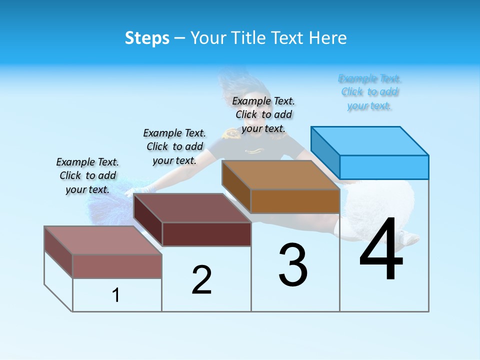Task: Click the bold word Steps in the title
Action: point(147,38)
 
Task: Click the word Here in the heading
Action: point(327,38)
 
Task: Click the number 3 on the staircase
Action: point(293,265)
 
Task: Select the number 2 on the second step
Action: point(201,280)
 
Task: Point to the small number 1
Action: point(116,295)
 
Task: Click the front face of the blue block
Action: point(384,167)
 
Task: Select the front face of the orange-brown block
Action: point(295,201)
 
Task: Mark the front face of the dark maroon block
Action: point(206,234)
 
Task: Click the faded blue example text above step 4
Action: point(369,92)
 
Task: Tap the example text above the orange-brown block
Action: point(263,115)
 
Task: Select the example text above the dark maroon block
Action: point(174,146)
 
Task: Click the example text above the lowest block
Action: point(87,175)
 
